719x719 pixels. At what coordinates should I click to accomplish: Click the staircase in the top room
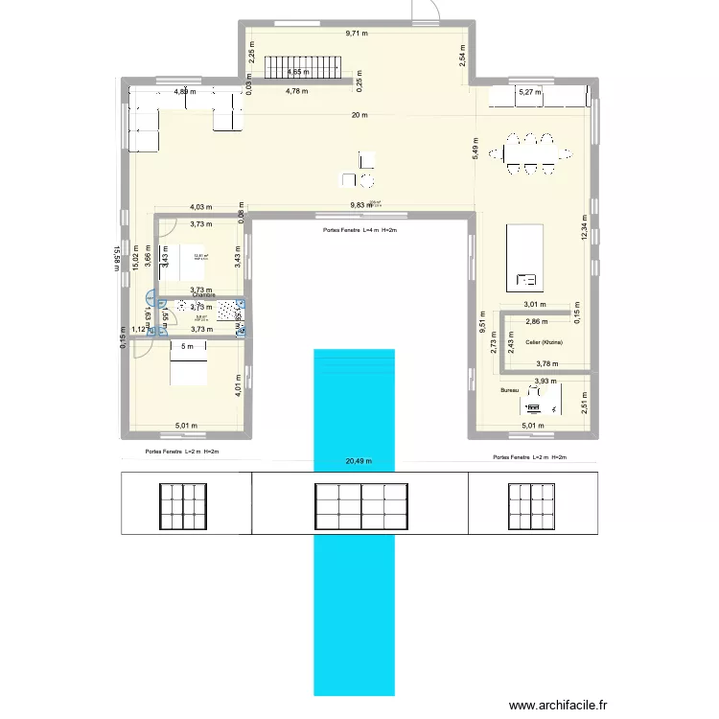303,67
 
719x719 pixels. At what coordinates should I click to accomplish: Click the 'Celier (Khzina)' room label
544,342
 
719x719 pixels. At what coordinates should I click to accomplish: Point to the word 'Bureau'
508,391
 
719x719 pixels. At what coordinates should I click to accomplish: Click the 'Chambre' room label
203,295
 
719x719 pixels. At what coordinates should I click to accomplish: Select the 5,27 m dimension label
529,93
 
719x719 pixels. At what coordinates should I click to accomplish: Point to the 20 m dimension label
359,116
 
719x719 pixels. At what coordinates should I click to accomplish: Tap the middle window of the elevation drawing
360,504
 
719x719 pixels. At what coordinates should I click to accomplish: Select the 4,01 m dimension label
237,383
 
